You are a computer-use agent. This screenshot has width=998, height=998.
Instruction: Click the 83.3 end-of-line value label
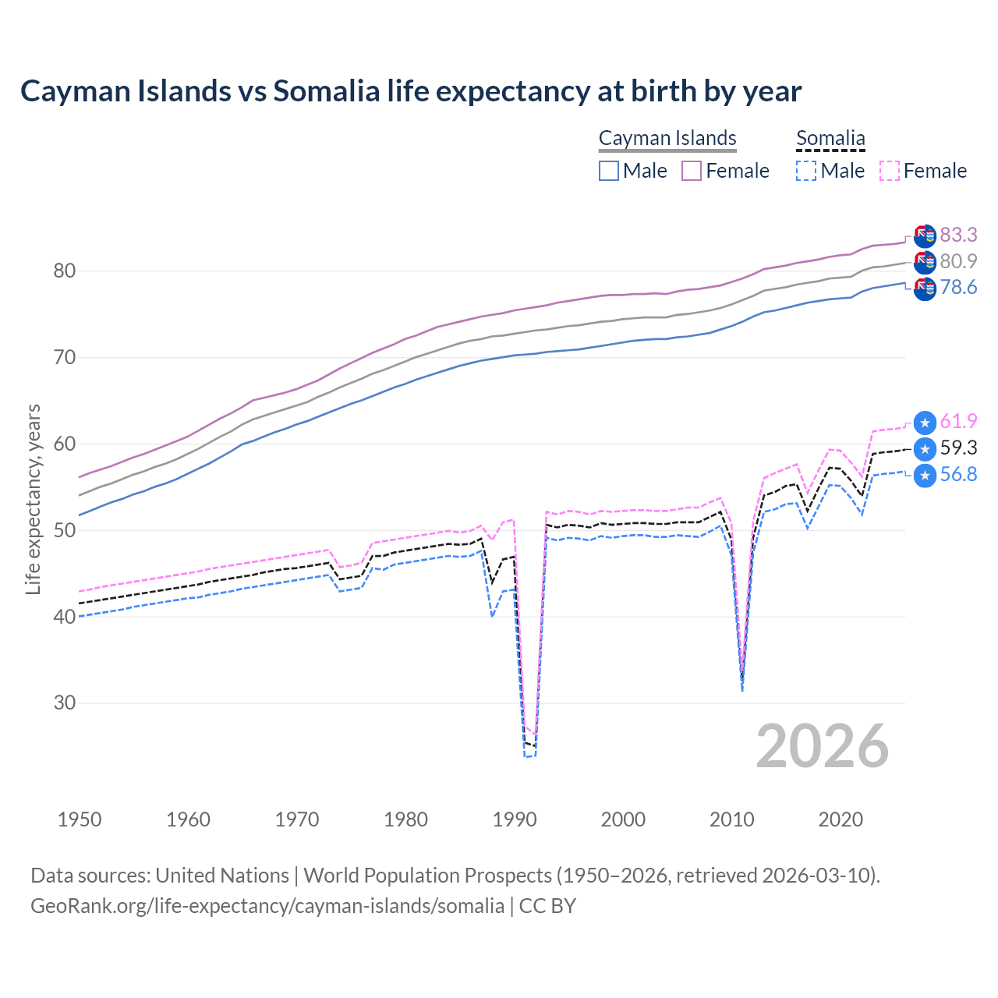pyautogui.click(x=958, y=235)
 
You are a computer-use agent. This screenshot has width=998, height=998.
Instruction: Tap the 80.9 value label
pyautogui.click(x=958, y=261)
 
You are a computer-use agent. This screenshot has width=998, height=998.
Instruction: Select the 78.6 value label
pyautogui.click(x=958, y=288)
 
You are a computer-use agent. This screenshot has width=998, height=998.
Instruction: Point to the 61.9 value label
pyautogui.click(x=958, y=422)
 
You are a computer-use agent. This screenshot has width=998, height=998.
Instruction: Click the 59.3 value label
pyautogui.click(x=958, y=448)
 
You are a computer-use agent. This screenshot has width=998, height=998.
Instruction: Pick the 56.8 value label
pyautogui.click(x=958, y=475)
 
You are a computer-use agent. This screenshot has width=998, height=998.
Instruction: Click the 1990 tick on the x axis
pyautogui.click(x=515, y=819)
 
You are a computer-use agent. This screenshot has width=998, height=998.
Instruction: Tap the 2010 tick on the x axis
pyautogui.click(x=732, y=819)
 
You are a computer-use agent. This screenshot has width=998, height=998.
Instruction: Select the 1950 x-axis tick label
pyautogui.click(x=80, y=819)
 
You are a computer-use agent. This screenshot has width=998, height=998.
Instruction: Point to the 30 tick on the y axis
pyautogui.click(x=64, y=702)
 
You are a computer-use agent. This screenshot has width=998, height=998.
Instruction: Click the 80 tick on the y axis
pyautogui.click(x=64, y=271)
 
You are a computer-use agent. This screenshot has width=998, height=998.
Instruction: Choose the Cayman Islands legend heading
pyautogui.click(x=667, y=138)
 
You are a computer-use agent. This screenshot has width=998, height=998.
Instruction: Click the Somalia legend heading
pyautogui.click(x=830, y=138)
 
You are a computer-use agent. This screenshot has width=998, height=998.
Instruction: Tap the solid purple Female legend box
pyautogui.click(x=692, y=171)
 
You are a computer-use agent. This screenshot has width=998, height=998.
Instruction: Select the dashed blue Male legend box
pyautogui.click(x=806, y=171)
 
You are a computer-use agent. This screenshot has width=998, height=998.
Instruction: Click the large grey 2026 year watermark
pyautogui.click(x=822, y=746)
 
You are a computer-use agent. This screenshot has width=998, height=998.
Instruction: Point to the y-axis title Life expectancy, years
pyautogui.click(x=33, y=499)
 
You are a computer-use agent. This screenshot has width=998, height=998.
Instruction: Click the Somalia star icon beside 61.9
pyautogui.click(x=925, y=423)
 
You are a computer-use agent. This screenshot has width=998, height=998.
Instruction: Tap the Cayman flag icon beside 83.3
pyautogui.click(x=925, y=235)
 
